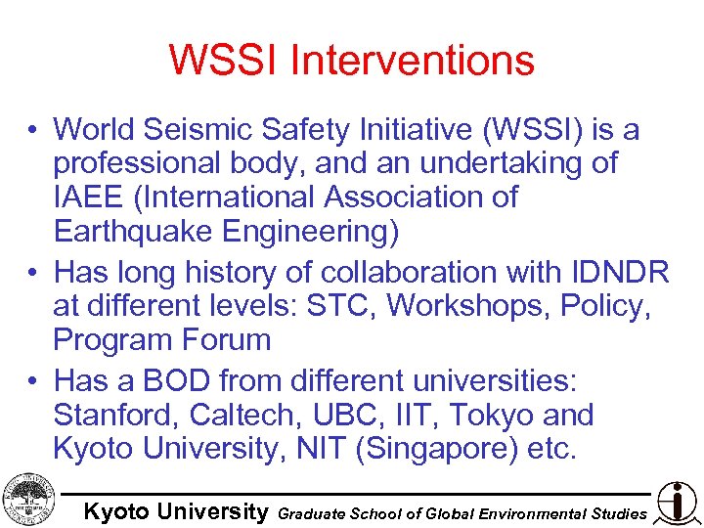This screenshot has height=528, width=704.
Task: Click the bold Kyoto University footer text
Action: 175,511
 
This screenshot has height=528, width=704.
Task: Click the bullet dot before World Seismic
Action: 33,130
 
